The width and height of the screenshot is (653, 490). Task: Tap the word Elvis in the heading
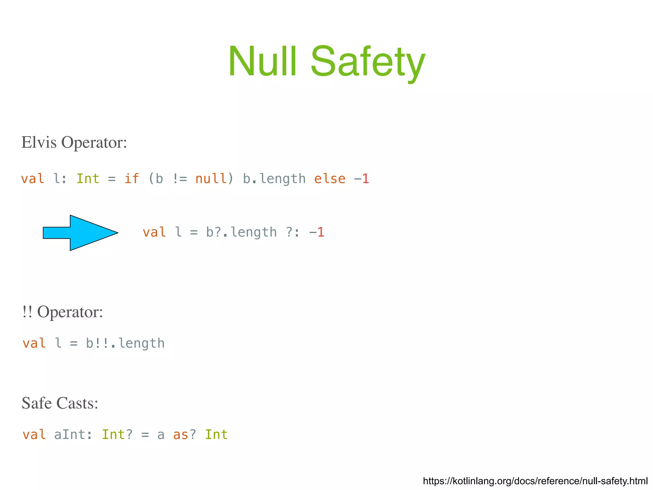39,142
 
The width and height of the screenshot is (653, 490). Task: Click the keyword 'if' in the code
131,179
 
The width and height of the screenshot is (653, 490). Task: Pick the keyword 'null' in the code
211,179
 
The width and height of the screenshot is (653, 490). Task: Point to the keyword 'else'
330,179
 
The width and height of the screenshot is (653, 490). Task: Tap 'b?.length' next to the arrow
241,232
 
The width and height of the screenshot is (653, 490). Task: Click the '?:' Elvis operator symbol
293,232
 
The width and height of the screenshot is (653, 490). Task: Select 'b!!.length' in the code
125,343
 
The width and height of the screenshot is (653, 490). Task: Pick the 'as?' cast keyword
185,435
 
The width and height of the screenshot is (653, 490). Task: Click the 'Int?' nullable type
117,435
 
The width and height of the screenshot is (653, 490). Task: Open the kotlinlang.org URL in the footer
535,481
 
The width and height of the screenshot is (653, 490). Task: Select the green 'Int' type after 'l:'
88,179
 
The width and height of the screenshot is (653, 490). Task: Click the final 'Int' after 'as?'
216,435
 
